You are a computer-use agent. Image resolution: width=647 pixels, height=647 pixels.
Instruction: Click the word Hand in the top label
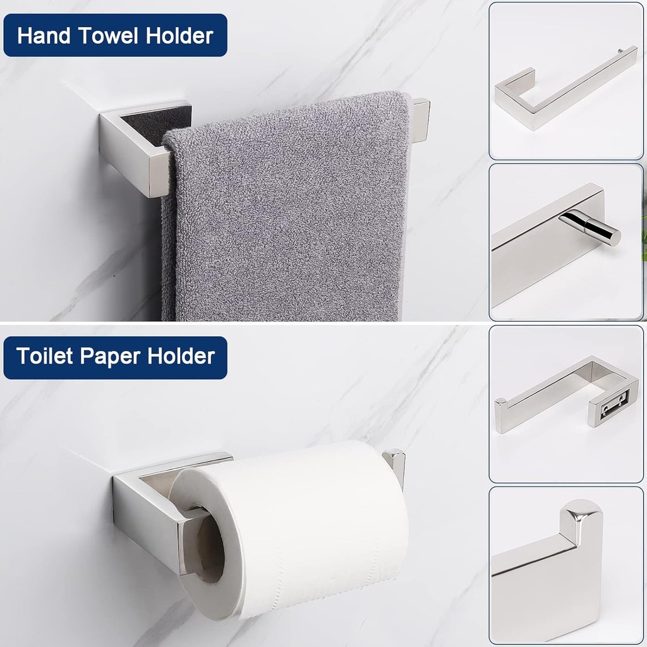[x=43, y=35]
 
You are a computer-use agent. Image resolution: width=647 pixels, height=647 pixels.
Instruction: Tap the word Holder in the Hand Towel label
[x=179, y=35]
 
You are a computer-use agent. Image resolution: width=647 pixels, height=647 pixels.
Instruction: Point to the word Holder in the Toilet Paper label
[x=181, y=356]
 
